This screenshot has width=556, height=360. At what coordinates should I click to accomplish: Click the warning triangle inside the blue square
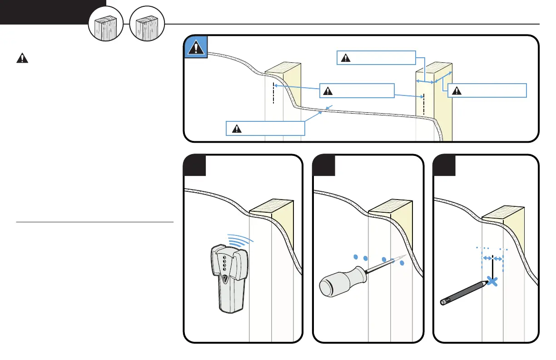[195, 48]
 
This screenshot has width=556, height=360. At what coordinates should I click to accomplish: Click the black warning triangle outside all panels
[22, 58]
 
